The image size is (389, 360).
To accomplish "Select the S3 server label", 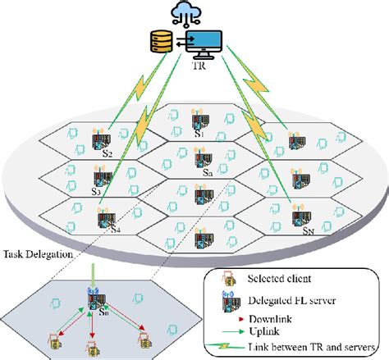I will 96,193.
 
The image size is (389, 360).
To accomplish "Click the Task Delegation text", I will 38,254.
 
